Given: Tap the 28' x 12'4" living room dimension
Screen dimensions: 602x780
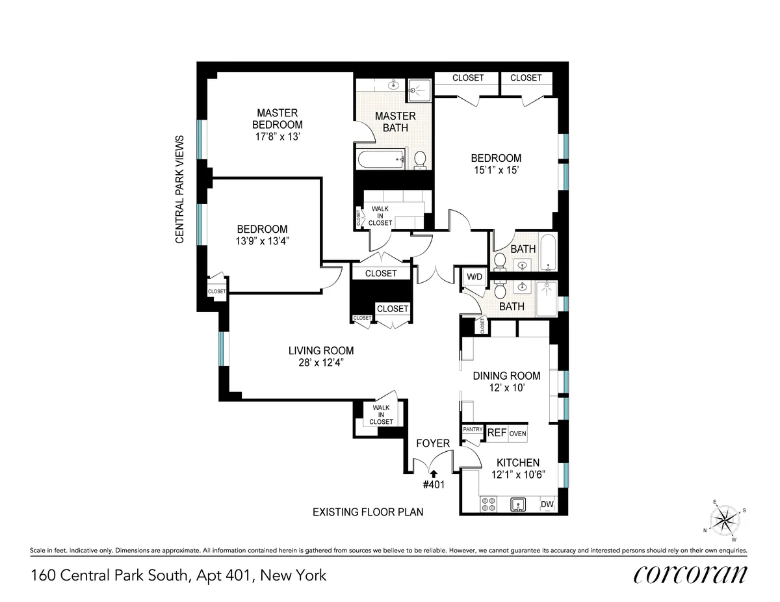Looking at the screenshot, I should tap(321, 363).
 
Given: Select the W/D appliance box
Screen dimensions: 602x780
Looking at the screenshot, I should tap(474, 278).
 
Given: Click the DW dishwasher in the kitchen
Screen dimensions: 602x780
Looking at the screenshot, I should tap(547, 504).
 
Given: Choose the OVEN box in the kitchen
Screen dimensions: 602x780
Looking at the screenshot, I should tap(517, 434).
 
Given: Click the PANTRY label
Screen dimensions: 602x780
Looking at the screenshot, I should tap(472, 430).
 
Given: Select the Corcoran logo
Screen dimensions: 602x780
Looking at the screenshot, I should tap(690, 575).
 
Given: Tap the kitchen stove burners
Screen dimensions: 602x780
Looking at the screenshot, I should tap(488, 504).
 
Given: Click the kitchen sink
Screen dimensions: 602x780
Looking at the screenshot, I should tap(518, 504).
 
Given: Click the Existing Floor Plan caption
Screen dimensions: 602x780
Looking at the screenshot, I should tap(368, 512).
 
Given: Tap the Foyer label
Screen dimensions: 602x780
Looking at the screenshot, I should tap(433, 443).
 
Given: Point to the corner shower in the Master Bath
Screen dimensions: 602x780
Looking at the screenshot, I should tap(421, 90).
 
